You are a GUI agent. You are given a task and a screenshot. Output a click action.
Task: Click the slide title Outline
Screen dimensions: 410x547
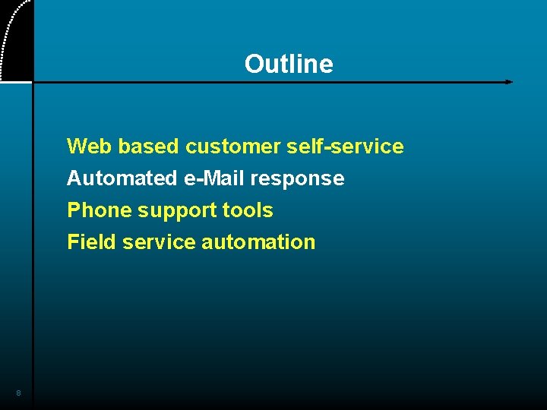pos(289,65)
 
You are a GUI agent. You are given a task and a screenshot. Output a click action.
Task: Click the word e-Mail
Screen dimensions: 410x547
pos(213,178)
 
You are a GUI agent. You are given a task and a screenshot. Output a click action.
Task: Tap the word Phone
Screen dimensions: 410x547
pos(100,210)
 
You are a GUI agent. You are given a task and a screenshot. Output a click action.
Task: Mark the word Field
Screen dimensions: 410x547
pos(91,242)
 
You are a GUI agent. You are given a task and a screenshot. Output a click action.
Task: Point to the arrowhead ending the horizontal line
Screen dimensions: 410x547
pos(509,82)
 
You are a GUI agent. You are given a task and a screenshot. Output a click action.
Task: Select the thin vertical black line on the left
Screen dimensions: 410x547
pos(33,228)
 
